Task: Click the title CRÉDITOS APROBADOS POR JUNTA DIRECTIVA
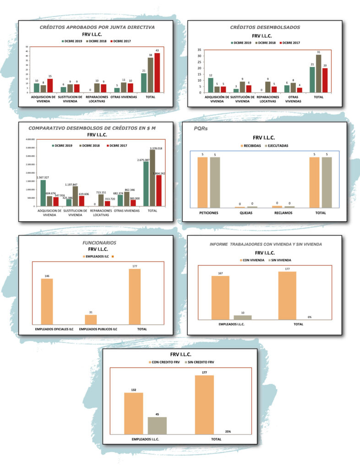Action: [97, 27]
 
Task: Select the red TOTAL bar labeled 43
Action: [157, 73]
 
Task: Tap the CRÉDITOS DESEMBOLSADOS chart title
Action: [265, 27]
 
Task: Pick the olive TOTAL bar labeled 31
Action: [319, 74]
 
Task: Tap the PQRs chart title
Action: [200, 129]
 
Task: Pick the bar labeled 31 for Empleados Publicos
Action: [91, 319]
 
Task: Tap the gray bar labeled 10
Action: [242, 317]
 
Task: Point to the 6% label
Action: [309, 317]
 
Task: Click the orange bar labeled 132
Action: [133, 413]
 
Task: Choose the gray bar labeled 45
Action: [157, 425]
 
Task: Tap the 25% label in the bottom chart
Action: [228, 431]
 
